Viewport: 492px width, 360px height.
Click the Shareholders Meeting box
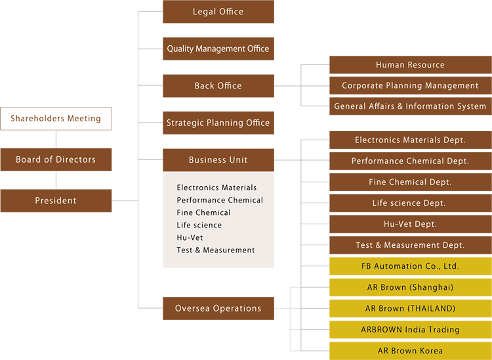[x=56, y=119]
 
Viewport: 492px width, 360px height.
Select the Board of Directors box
[x=56, y=159]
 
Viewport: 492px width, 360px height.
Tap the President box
[x=56, y=201]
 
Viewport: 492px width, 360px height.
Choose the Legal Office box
[x=218, y=12]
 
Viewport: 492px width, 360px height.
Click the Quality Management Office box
[x=218, y=49]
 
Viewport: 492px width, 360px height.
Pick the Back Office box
[x=218, y=86]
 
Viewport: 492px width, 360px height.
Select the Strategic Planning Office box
[x=218, y=123]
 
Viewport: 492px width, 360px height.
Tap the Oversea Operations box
[x=218, y=308]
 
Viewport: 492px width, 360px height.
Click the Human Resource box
[x=410, y=65]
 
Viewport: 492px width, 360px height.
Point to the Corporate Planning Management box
[x=410, y=85]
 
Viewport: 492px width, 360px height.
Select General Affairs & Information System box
[x=410, y=106]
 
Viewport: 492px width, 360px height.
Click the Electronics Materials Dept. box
[x=410, y=140]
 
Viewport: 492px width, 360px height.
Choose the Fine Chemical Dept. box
[x=410, y=182]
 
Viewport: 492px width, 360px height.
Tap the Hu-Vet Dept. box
[x=410, y=224]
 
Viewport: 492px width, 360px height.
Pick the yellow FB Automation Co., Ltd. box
[x=410, y=266]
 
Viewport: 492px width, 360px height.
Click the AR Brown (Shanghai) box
[x=410, y=287]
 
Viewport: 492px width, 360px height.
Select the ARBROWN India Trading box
[x=410, y=329]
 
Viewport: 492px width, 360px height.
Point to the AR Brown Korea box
[x=410, y=351]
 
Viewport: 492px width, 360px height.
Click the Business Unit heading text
[x=218, y=159]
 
